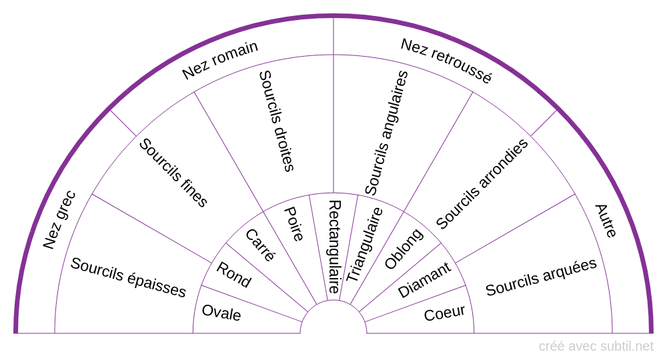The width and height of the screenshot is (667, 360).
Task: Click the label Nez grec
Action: pyautogui.click(x=59, y=221)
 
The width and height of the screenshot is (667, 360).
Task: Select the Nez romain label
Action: pyautogui.click(x=220, y=61)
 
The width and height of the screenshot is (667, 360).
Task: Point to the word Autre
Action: pyautogui.click(x=606, y=221)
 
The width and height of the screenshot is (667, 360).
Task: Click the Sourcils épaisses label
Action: pyautogui.click(x=128, y=277)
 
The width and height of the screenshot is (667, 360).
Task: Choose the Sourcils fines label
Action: pyautogui.click(x=173, y=173)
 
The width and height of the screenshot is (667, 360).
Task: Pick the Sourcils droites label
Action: pyautogui.click(x=276, y=121)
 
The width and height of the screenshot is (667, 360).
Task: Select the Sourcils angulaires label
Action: pyautogui.click(x=386, y=133)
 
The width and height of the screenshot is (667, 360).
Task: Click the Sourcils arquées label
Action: pyautogui.click(x=541, y=277)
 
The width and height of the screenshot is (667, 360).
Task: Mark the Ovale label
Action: pyautogui.click(x=221, y=312)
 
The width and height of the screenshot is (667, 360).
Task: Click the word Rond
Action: pyautogui.click(x=234, y=275)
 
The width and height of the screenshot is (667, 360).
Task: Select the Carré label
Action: pyautogui.click(x=260, y=245)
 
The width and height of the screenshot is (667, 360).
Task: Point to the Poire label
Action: pyautogui.click(x=294, y=223)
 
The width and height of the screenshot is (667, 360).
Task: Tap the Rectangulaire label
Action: pyautogui.click(x=334, y=247)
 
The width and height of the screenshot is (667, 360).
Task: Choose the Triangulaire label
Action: pyautogui.click(x=365, y=244)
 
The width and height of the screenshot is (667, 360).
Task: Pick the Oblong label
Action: pyautogui.click(x=404, y=249)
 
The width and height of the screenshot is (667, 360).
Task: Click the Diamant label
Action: pyautogui.click(x=424, y=280)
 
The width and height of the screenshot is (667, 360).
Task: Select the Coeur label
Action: pyautogui.click(x=444, y=313)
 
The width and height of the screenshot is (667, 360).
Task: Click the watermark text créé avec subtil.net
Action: pyautogui.click(x=596, y=346)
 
